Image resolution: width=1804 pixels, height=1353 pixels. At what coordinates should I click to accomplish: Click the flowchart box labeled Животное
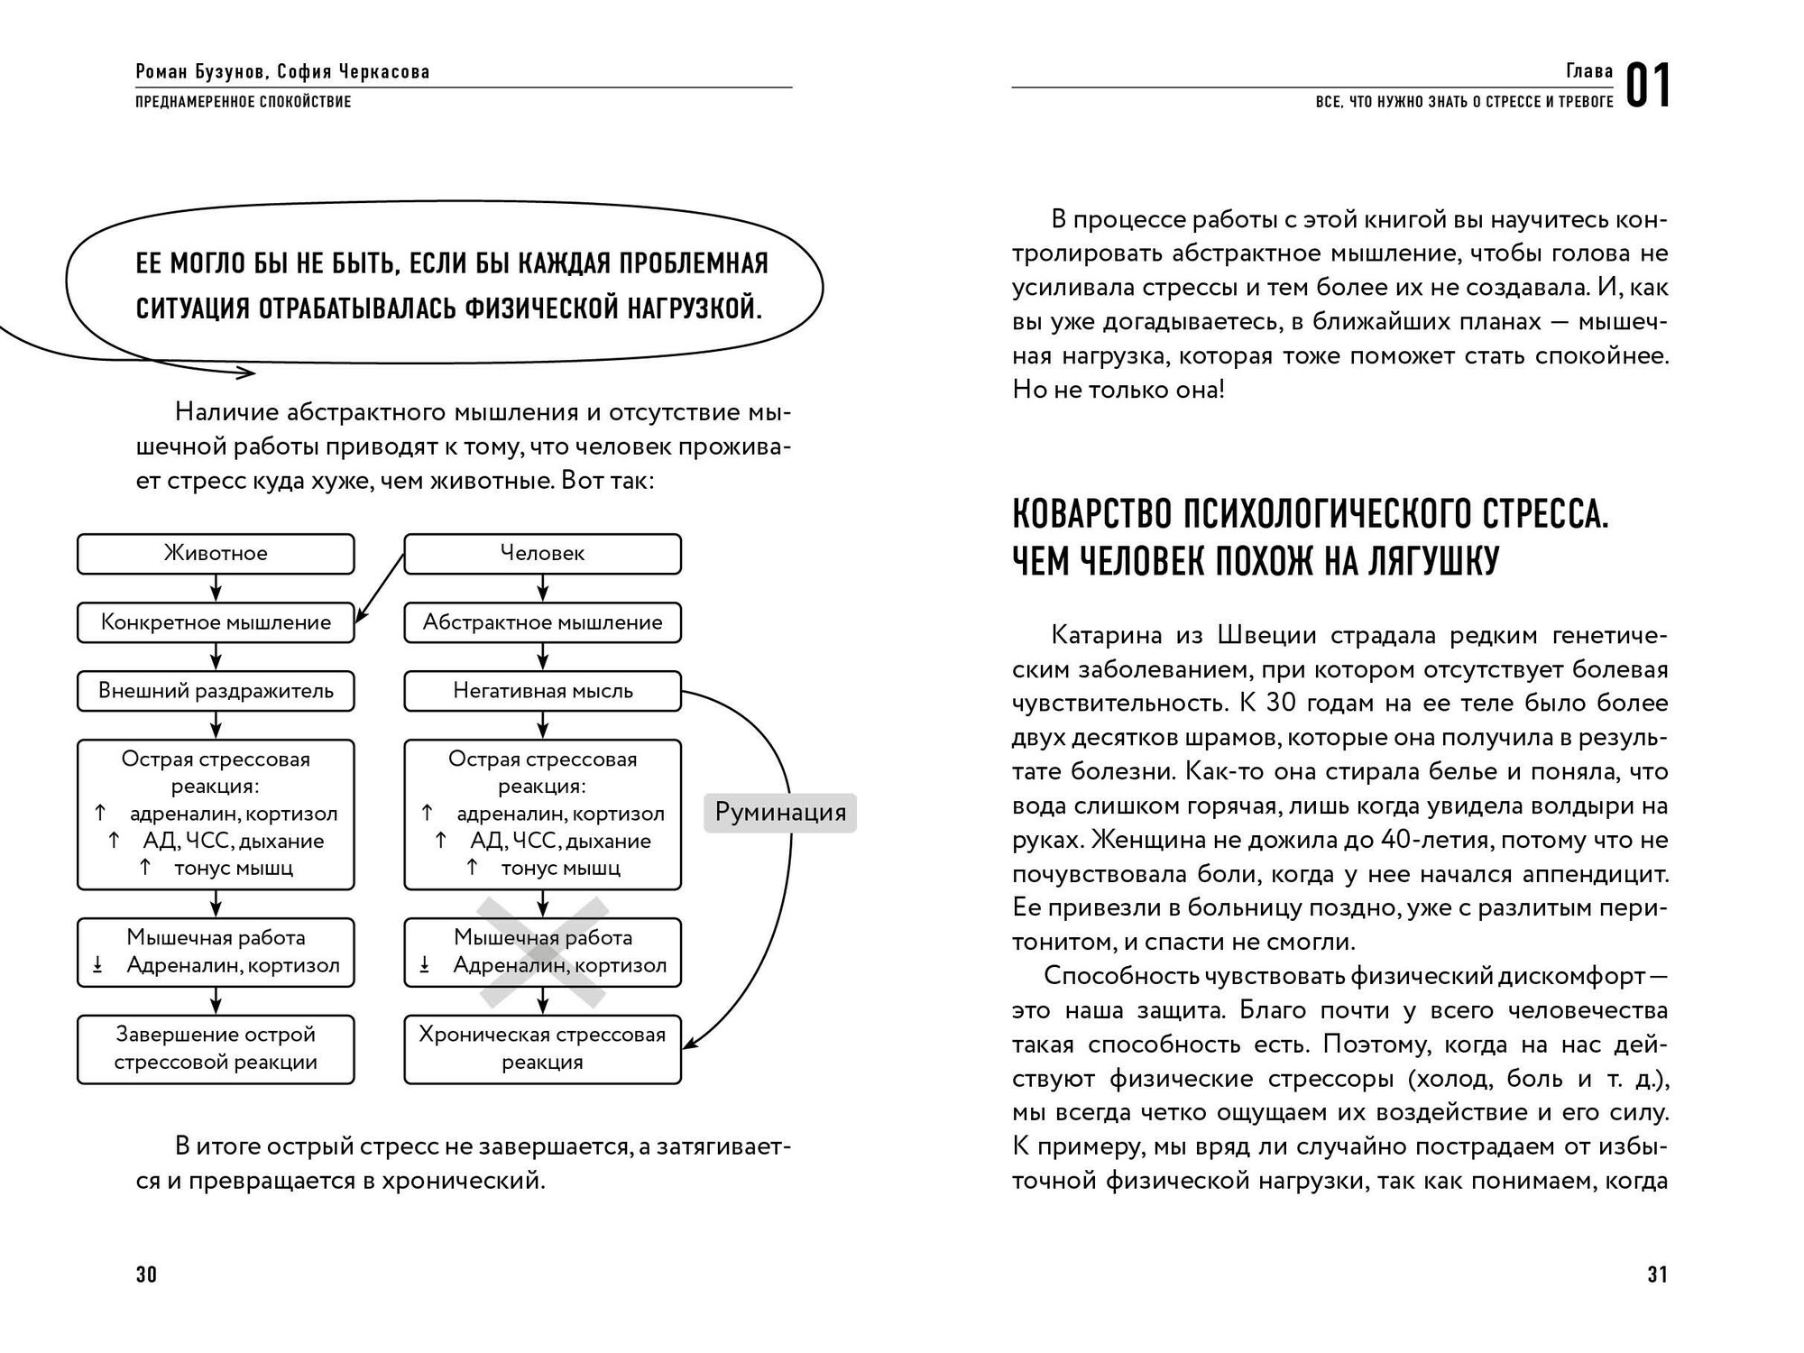(x=216, y=554)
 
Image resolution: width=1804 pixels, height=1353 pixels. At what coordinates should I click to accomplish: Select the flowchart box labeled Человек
(x=542, y=554)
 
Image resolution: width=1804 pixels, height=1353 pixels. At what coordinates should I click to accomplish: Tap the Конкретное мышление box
(x=216, y=622)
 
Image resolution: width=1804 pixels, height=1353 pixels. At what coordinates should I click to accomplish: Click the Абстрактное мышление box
(x=542, y=622)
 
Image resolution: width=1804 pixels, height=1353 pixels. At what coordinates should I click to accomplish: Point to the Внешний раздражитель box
(x=216, y=692)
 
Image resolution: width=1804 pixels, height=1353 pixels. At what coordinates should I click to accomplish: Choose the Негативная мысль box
(x=542, y=692)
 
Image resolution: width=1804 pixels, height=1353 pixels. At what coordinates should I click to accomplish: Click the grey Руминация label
(x=780, y=813)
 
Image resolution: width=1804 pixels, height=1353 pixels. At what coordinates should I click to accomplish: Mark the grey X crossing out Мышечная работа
(x=542, y=952)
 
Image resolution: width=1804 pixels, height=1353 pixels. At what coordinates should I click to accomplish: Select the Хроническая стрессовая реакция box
(x=542, y=1049)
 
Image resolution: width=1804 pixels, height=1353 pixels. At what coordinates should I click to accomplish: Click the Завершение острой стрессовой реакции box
(x=216, y=1049)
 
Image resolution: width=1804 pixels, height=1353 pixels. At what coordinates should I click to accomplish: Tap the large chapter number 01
(x=1648, y=88)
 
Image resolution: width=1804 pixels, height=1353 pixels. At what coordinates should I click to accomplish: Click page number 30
(x=146, y=1275)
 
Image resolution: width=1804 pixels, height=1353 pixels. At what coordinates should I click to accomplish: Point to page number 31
(x=1657, y=1275)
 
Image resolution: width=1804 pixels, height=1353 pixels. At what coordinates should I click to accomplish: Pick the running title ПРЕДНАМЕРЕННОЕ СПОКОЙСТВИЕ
(x=244, y=102)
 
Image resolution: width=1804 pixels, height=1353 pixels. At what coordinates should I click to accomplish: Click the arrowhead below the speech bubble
(x=247, y=371)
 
